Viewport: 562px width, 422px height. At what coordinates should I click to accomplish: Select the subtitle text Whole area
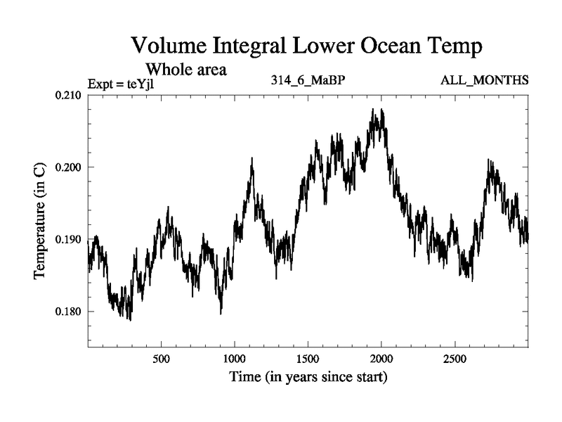185,70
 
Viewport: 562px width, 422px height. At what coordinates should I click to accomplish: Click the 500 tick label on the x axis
161,358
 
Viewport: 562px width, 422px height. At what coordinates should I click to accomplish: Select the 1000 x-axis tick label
235,358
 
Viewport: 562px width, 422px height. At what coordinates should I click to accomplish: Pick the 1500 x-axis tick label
308,358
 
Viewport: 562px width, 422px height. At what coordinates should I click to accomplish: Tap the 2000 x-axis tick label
381,358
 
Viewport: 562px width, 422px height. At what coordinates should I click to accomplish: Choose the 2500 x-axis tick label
455,358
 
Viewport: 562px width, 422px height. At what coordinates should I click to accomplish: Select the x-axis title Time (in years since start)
308,378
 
